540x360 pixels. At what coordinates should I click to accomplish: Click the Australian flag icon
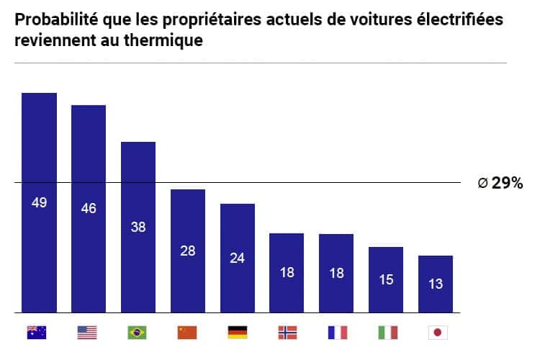click(x=37, y=332)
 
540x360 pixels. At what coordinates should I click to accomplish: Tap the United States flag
click(x=87, y=332)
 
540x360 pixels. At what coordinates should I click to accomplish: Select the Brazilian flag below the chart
click(x=138, y=332)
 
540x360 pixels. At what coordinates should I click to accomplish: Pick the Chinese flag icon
click(x=187, y=332)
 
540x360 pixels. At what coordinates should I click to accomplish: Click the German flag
click(x=238, y=332)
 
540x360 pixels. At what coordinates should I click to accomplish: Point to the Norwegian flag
click(x=287, y=332)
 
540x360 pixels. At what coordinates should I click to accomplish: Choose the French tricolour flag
click(x=337, y=332)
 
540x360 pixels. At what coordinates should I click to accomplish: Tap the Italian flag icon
click(x=387, y=332)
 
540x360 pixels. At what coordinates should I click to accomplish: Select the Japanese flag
click(x=436, y=332)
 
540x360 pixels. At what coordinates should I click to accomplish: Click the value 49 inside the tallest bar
click(x=39, y=202)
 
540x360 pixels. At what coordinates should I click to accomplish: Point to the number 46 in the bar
click(x=89, y=209)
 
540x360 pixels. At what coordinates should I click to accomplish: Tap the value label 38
click(x=138, y=226)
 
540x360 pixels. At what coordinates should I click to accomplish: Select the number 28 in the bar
click(x=188, y=251)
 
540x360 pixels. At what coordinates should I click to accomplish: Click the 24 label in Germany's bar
click(x=238, y=257)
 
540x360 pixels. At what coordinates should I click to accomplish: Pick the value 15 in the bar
click(x=386, y=279)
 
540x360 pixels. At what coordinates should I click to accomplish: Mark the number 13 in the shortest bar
click(x=436, y=284)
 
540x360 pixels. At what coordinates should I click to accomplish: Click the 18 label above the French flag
click(x=336, y=273)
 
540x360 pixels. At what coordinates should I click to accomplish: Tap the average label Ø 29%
click(x=500, y=184)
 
